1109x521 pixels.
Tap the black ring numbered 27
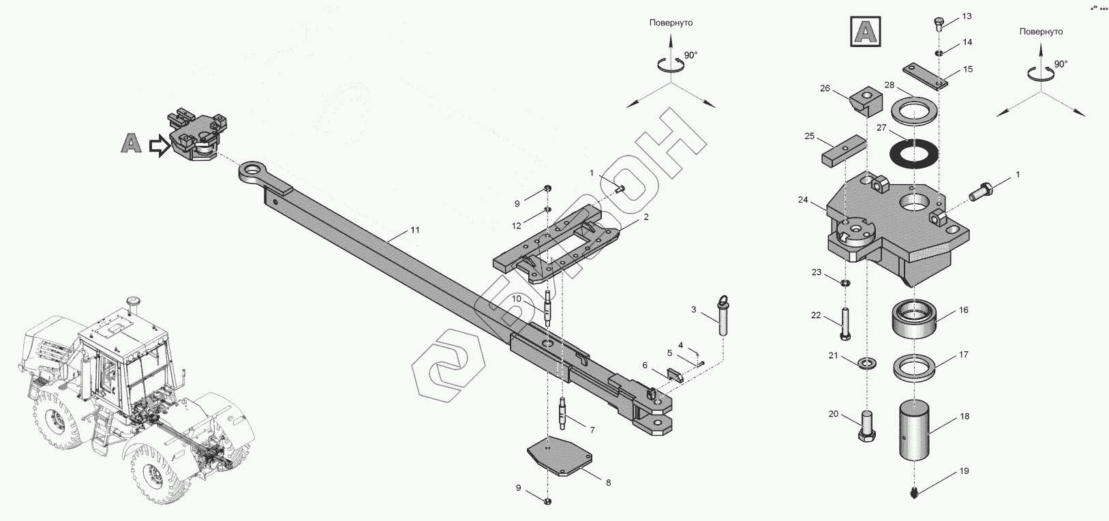915,153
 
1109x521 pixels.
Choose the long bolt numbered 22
846,323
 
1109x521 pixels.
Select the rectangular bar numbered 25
843,152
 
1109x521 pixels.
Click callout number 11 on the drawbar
414,230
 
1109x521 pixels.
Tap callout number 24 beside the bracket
802,200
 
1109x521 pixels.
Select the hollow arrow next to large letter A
158,146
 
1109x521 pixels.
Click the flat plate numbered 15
922,75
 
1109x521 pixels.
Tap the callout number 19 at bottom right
963,471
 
